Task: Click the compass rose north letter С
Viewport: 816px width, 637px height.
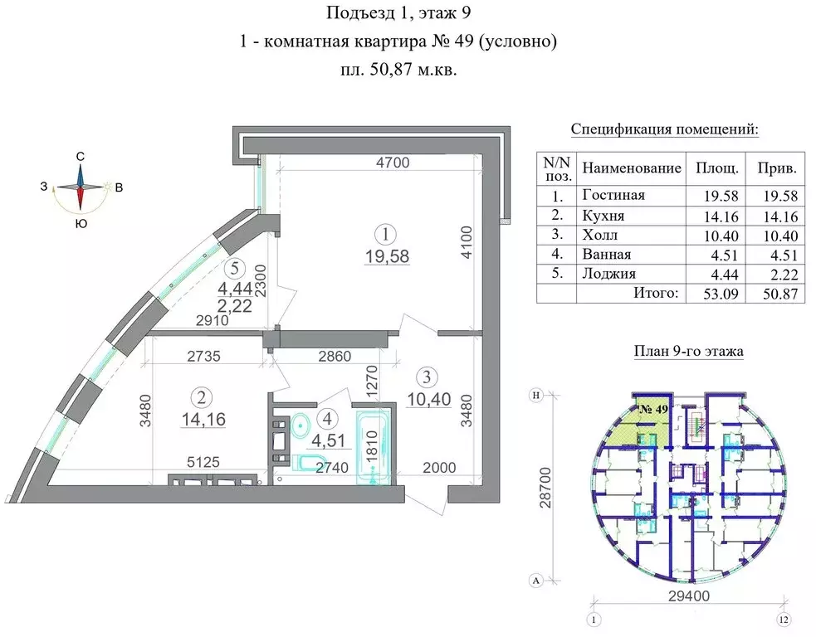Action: [81, 156]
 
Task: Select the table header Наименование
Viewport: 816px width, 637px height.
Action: [631, 168]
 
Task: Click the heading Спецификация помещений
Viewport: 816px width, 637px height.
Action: [665, 130]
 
